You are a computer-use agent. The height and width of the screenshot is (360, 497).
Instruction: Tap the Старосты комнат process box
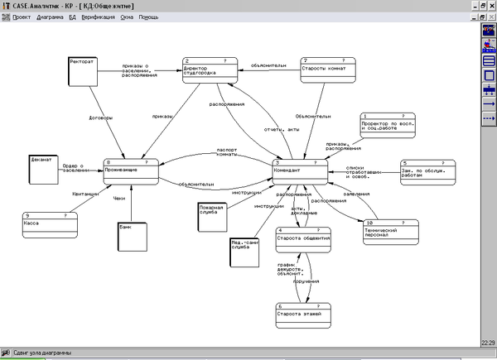pos(329,69)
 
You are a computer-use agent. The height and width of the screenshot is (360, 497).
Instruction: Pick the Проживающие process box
pos(131,170)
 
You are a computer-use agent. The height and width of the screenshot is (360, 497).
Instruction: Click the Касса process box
pos(50,223)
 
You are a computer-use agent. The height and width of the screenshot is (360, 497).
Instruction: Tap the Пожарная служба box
pos(213,214)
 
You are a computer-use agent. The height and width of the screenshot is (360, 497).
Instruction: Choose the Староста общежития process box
pos(304,238)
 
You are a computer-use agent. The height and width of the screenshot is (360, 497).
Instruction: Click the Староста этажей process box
pos(304,315)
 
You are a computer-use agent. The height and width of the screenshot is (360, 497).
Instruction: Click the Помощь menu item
pos(148,17)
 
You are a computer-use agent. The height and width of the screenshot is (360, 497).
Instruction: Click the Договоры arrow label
pos(100,118)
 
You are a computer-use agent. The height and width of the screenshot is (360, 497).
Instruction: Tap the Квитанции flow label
pos(85,194)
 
